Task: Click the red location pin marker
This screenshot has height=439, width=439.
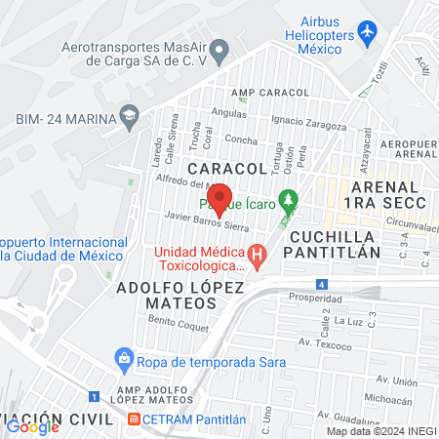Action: coord(219,199)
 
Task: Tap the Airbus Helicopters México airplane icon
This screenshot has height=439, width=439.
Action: coord(368,33)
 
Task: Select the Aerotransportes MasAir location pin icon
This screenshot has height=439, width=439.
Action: coord(219,49)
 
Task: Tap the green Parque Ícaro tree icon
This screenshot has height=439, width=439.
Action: coord(287,203)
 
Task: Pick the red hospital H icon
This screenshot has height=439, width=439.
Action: coord(258,257)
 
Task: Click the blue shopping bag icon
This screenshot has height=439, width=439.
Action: coord(124,358)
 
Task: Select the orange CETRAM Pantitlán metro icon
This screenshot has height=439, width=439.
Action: coord(134,419)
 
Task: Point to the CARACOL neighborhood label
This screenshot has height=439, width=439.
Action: coord(226,169)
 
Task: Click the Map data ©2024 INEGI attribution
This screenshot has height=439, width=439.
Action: coord(380,431)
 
